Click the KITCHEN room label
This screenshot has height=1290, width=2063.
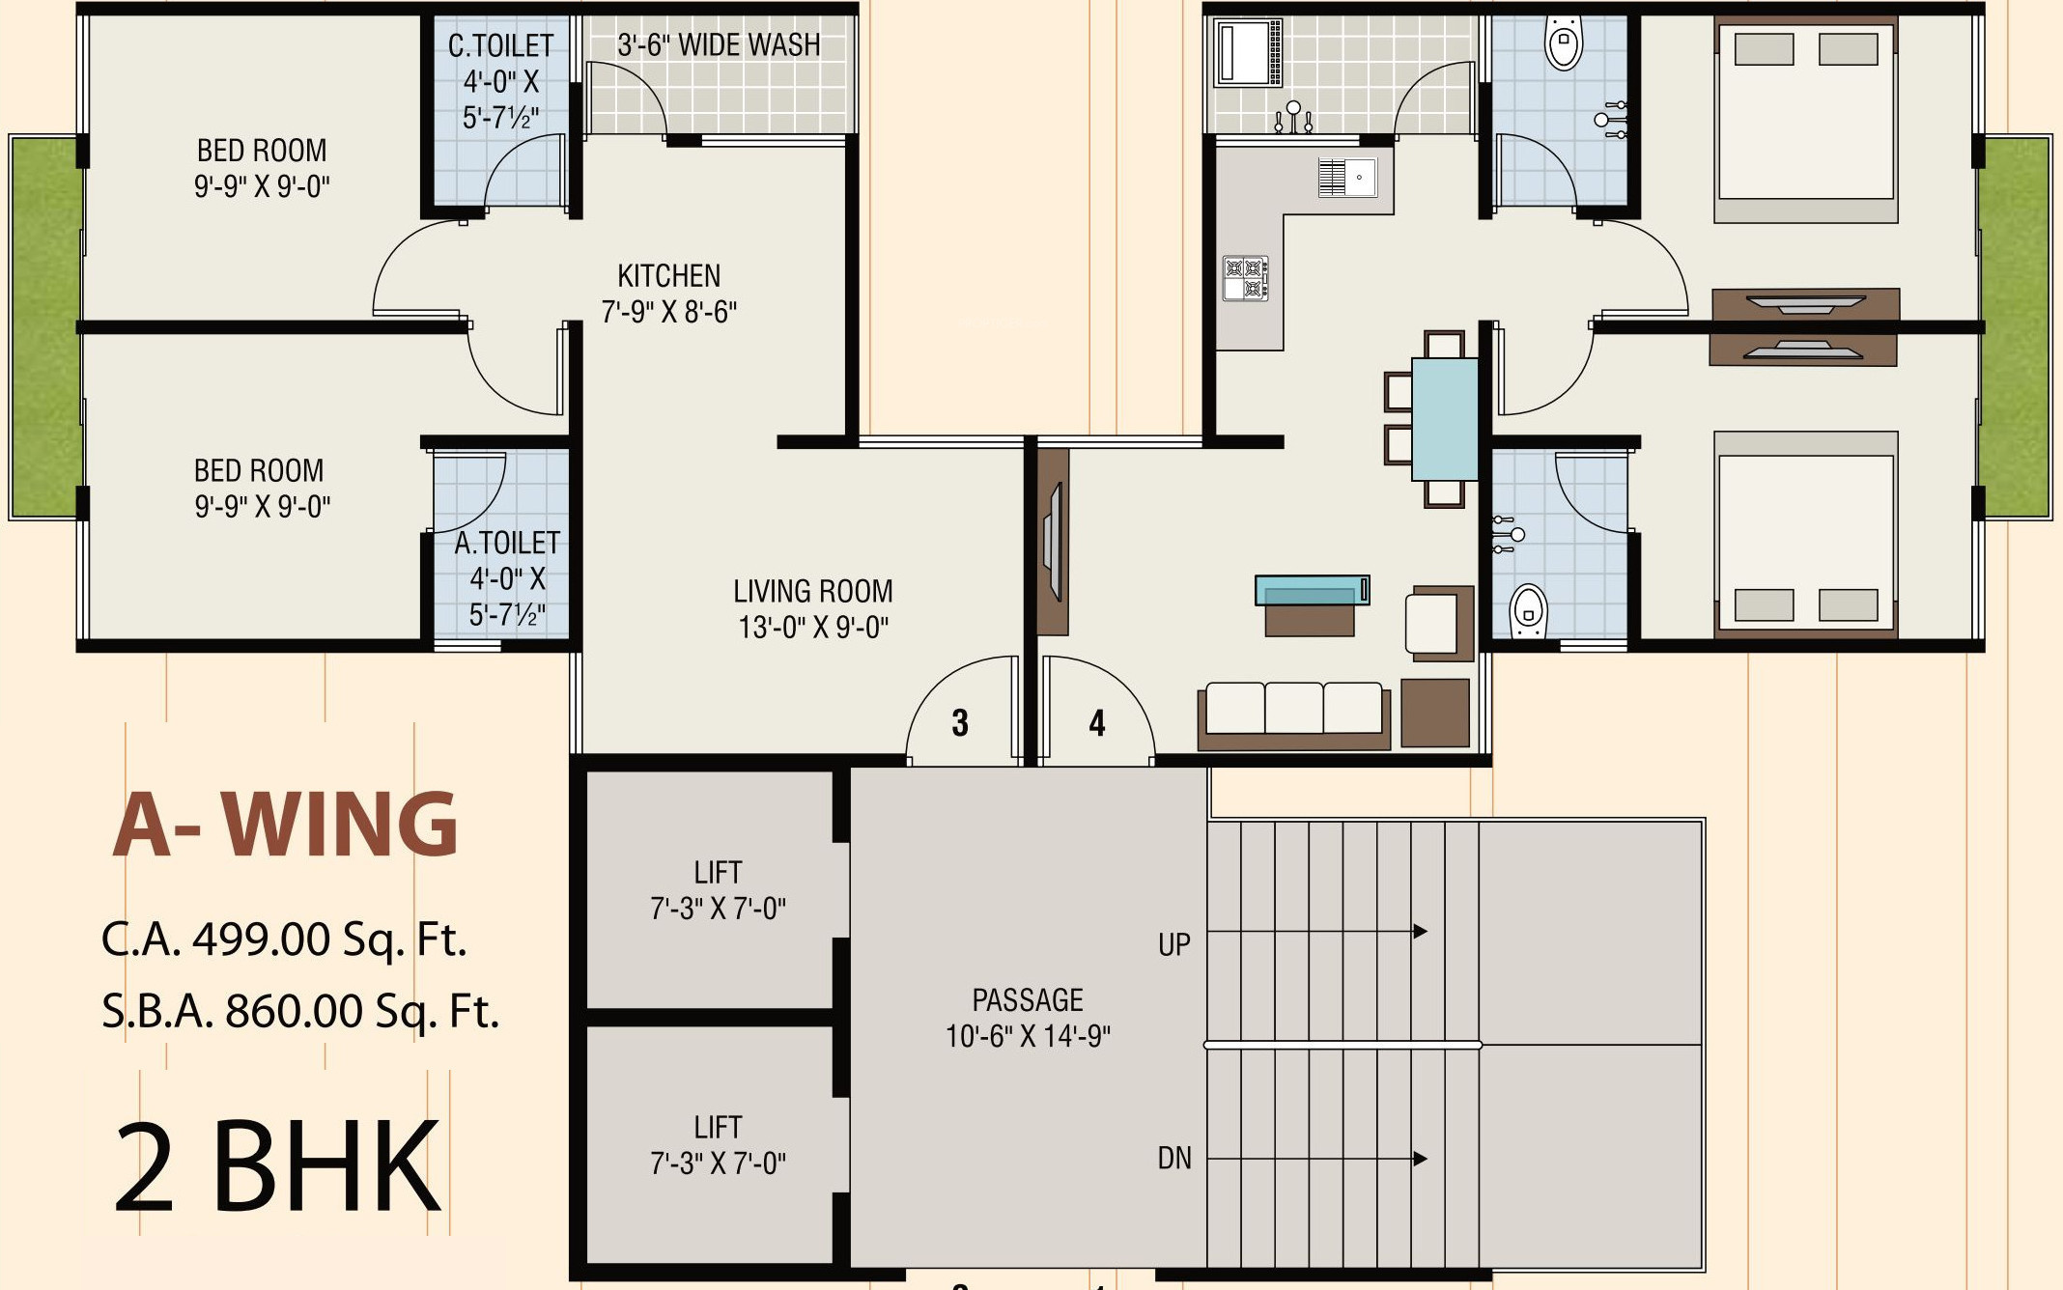pyautogui.click(x=669, y=276)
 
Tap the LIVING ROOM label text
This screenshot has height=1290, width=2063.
pyautogui.click(x=813, y=591)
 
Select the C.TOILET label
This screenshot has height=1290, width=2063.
pyautogui.click(x=501, y=45)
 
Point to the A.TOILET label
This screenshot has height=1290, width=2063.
pyautogui.click(x=507, y=544)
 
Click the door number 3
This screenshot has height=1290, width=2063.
pyautogui.click(x=960, y=723)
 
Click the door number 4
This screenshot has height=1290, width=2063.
pyautogui.click(x=1097, y=723)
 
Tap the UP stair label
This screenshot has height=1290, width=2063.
pyautogui.click(x=1174, y=944)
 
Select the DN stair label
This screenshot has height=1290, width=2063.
pyautogui.click(x=1174, y=1159)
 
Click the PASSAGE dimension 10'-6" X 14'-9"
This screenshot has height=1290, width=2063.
pyautogui.click(x=1028, y=1037)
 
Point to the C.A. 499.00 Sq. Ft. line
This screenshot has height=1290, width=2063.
pyautogui.click(x=284, y=939)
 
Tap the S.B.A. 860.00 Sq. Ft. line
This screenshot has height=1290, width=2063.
pyautogui.click(x=300, y=1012)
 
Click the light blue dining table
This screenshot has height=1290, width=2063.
pyautogui.click(x=1445, y=419)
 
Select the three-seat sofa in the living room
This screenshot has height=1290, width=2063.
pyautogui.click(x=1294, y=715)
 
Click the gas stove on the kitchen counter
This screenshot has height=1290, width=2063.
pyautogui.click(x=1246, y=278)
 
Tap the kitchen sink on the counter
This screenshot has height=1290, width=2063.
pyautogui.click(x=1347, y=178)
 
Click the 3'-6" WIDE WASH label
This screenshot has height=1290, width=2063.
pyautogui.click(x=719, y=44)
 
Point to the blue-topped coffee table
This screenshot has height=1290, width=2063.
pyautogui.click(x=1312, y=590)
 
